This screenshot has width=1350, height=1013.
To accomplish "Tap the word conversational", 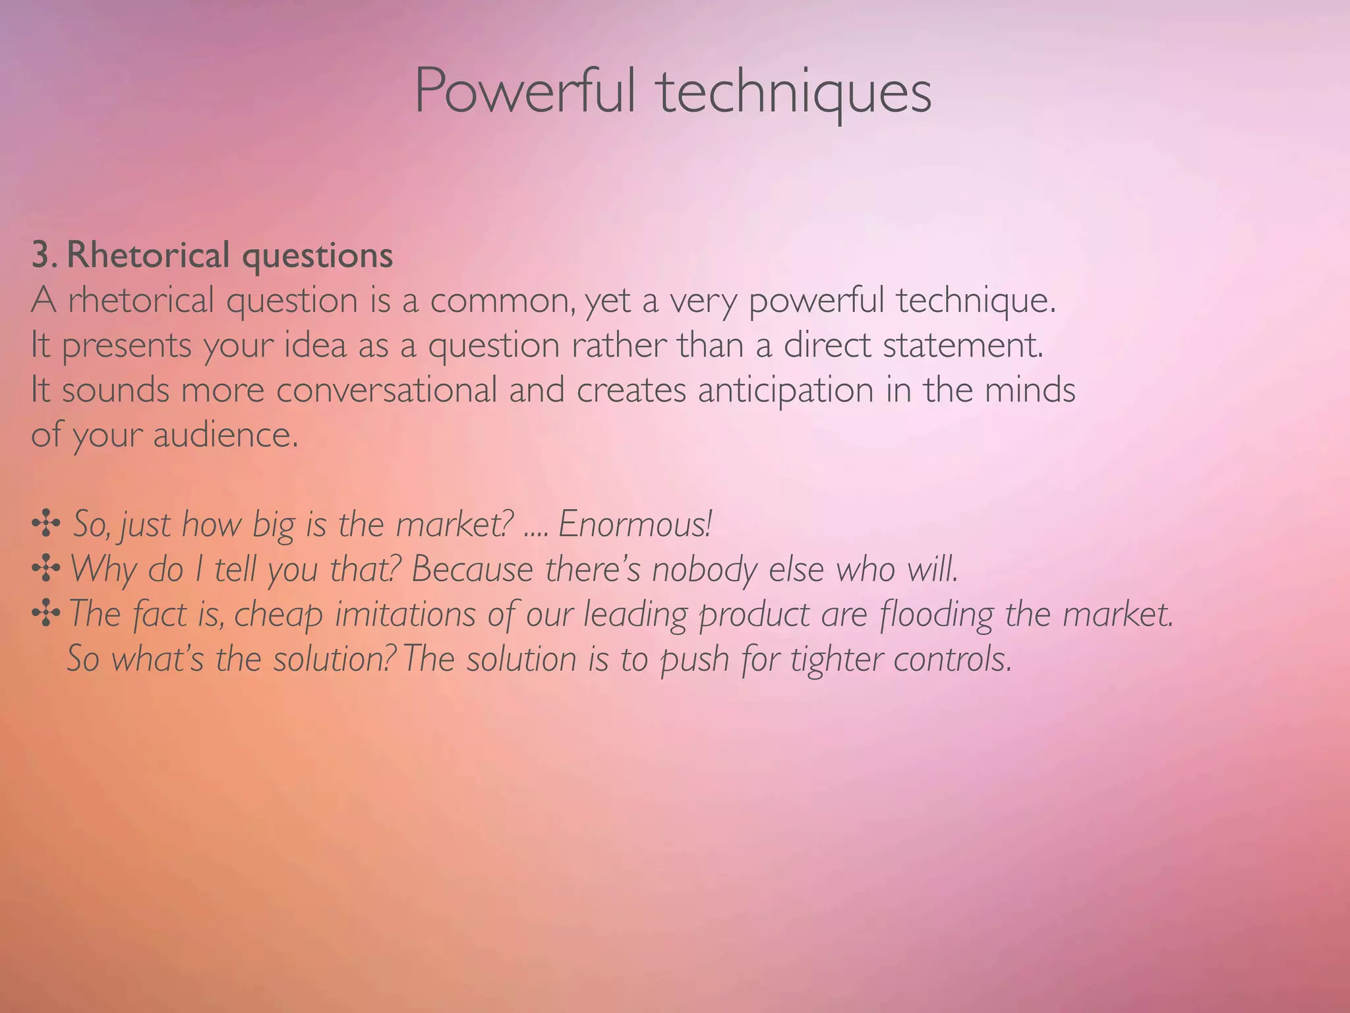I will tap(386, 390).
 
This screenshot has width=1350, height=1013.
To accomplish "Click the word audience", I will tap(225, 435).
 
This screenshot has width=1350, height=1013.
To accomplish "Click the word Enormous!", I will tap(635, 524).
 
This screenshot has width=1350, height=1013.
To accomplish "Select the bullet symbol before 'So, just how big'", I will tap(45, 525).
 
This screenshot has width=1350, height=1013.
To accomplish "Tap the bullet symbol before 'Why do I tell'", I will tap(45, 569).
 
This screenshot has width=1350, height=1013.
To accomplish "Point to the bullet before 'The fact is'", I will tap(45, 614).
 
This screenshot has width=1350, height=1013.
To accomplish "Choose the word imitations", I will tap(405, 614).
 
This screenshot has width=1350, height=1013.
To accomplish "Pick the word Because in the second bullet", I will tap(472, 570).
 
